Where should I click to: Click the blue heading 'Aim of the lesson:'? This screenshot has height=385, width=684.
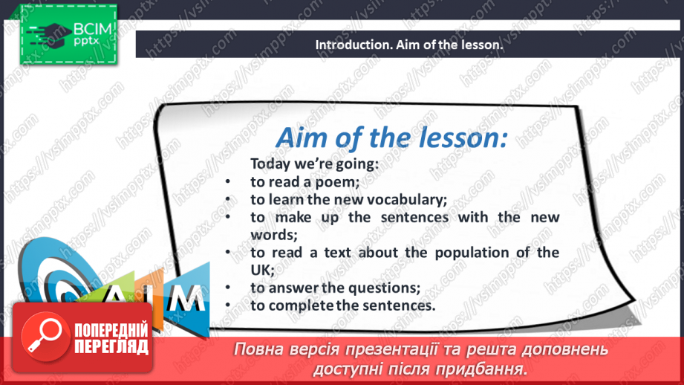[391, 137]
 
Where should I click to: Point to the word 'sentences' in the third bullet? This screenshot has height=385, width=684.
[414, 217]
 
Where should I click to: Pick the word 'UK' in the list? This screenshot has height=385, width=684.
[261, 271]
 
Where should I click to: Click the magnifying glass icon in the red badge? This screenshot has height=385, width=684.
[45, 336]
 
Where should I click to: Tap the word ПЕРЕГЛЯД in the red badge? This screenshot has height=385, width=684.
[111, 347]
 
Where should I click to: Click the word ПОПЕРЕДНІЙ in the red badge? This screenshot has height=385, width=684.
[111, 331]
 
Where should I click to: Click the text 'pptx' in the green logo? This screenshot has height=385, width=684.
[86, 42]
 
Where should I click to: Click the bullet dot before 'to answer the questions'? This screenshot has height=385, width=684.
[228, 288]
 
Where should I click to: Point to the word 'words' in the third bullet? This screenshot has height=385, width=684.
[273, 236]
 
